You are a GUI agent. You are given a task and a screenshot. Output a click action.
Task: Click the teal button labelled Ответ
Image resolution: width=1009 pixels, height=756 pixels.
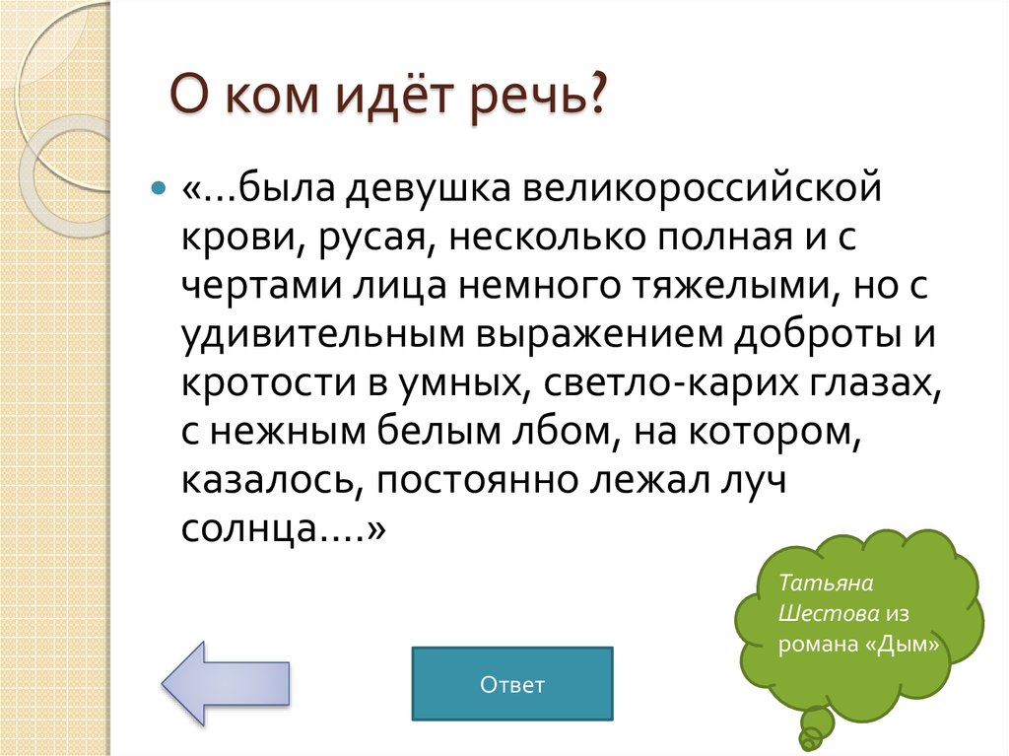(511, 684)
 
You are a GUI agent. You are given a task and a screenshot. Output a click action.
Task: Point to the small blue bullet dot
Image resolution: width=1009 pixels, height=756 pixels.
(159, 186)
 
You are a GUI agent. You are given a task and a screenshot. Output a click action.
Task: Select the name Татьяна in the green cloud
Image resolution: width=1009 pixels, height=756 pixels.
(816, 583)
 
